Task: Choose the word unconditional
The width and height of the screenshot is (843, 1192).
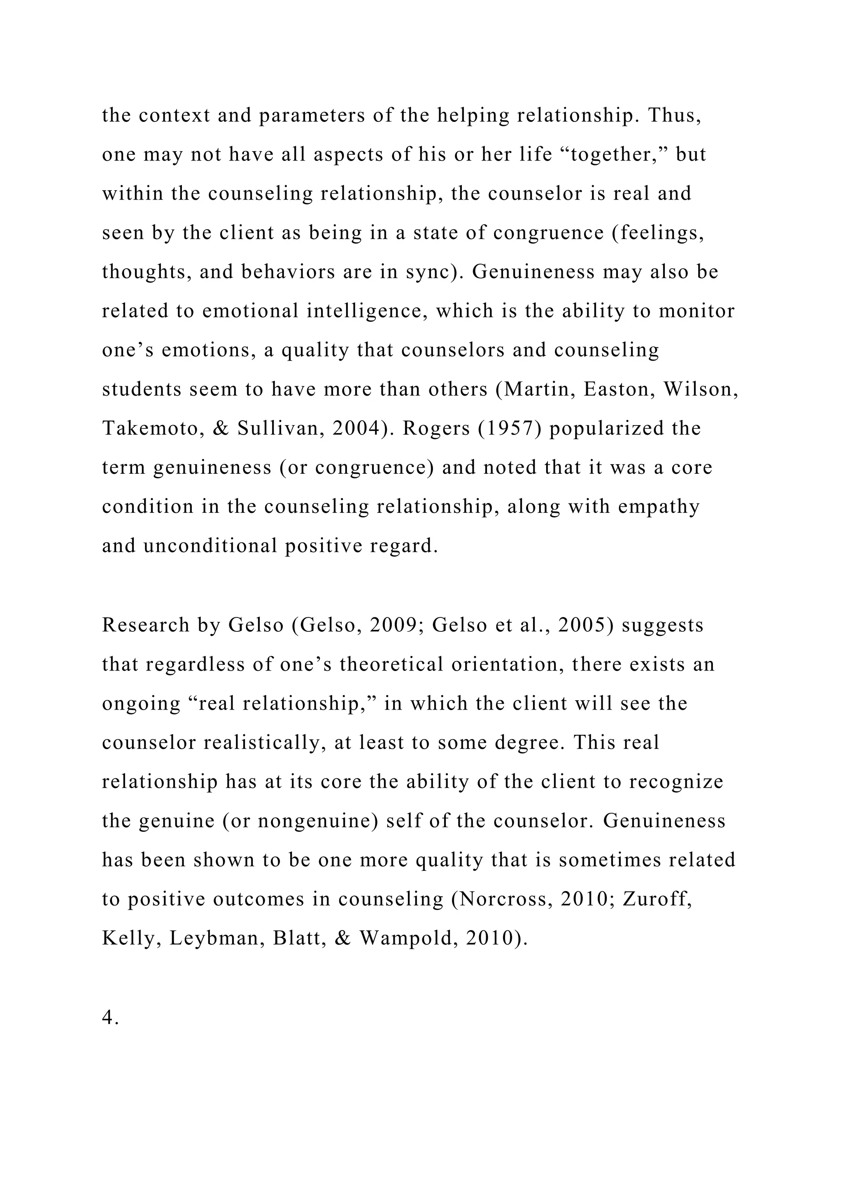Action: point(210,546)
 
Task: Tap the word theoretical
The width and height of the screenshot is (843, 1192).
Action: point(391,664)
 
